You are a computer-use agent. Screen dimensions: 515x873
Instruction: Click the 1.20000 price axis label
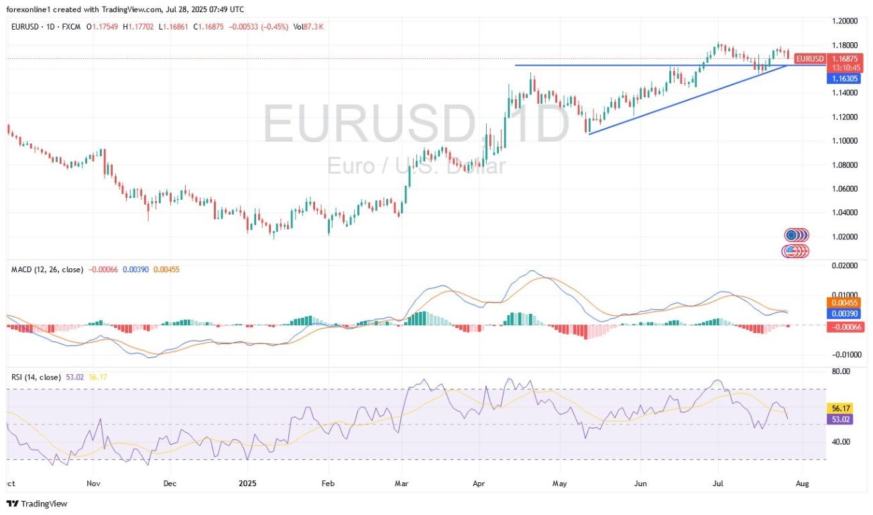[x=846, y=21]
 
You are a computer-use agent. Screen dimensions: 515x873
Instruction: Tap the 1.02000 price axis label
[x=846, y=237]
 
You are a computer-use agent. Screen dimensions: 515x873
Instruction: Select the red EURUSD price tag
[x=809, y=59]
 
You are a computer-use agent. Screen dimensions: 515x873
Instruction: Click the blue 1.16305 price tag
[x=809, y=78]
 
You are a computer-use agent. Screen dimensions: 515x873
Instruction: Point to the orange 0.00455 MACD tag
[x=844, y=303]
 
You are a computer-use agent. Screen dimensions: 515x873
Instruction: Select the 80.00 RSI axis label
[x=841, y=371]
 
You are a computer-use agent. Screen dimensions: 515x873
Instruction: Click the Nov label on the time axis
[x=93, y=483]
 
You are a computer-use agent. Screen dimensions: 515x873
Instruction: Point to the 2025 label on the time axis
[x=247, y=483]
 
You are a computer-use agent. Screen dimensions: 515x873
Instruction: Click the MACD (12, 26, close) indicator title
[x=48, y=270]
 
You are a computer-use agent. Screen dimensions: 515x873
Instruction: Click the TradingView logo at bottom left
[x=38, y=504]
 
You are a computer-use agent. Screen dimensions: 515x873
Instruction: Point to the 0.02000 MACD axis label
[x=846, y=266]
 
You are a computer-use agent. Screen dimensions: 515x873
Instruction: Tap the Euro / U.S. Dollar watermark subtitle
[x=416, y=165]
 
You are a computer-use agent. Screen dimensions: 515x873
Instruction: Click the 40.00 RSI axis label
[x=841, y=442]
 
